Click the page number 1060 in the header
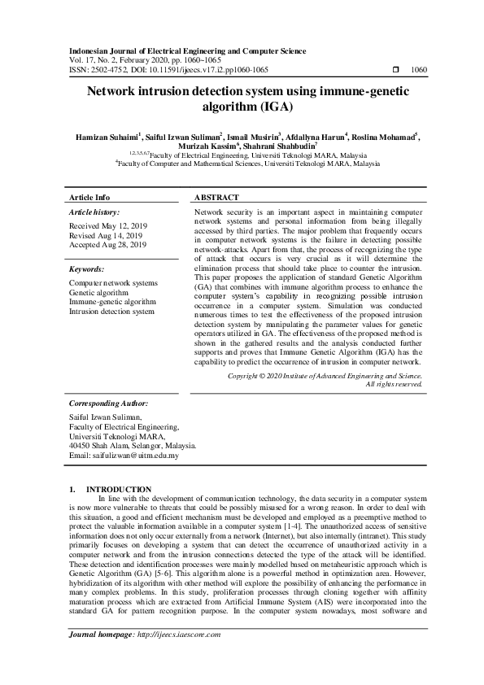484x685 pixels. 420,70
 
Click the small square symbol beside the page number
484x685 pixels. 395,70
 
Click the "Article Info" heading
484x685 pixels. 89,198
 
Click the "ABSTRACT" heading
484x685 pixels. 216,198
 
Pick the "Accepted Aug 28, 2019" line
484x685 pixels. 108,244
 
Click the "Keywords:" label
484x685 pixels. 86,268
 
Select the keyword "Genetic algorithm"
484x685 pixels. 98,292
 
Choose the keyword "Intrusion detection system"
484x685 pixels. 111,311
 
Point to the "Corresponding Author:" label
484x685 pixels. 108,403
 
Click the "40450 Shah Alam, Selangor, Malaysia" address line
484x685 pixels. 133,446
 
